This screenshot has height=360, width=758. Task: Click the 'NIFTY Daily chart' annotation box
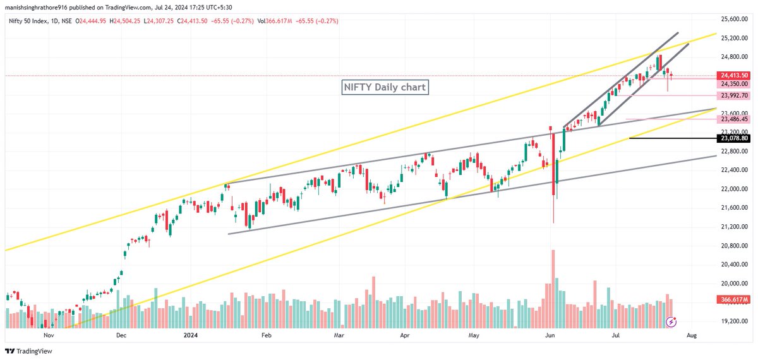click(385, 87)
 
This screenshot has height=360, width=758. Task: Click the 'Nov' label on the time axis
click(47, 337)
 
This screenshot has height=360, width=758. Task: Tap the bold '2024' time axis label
click(190, 337)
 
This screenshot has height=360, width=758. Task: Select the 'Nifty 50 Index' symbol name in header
click(25, 21)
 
